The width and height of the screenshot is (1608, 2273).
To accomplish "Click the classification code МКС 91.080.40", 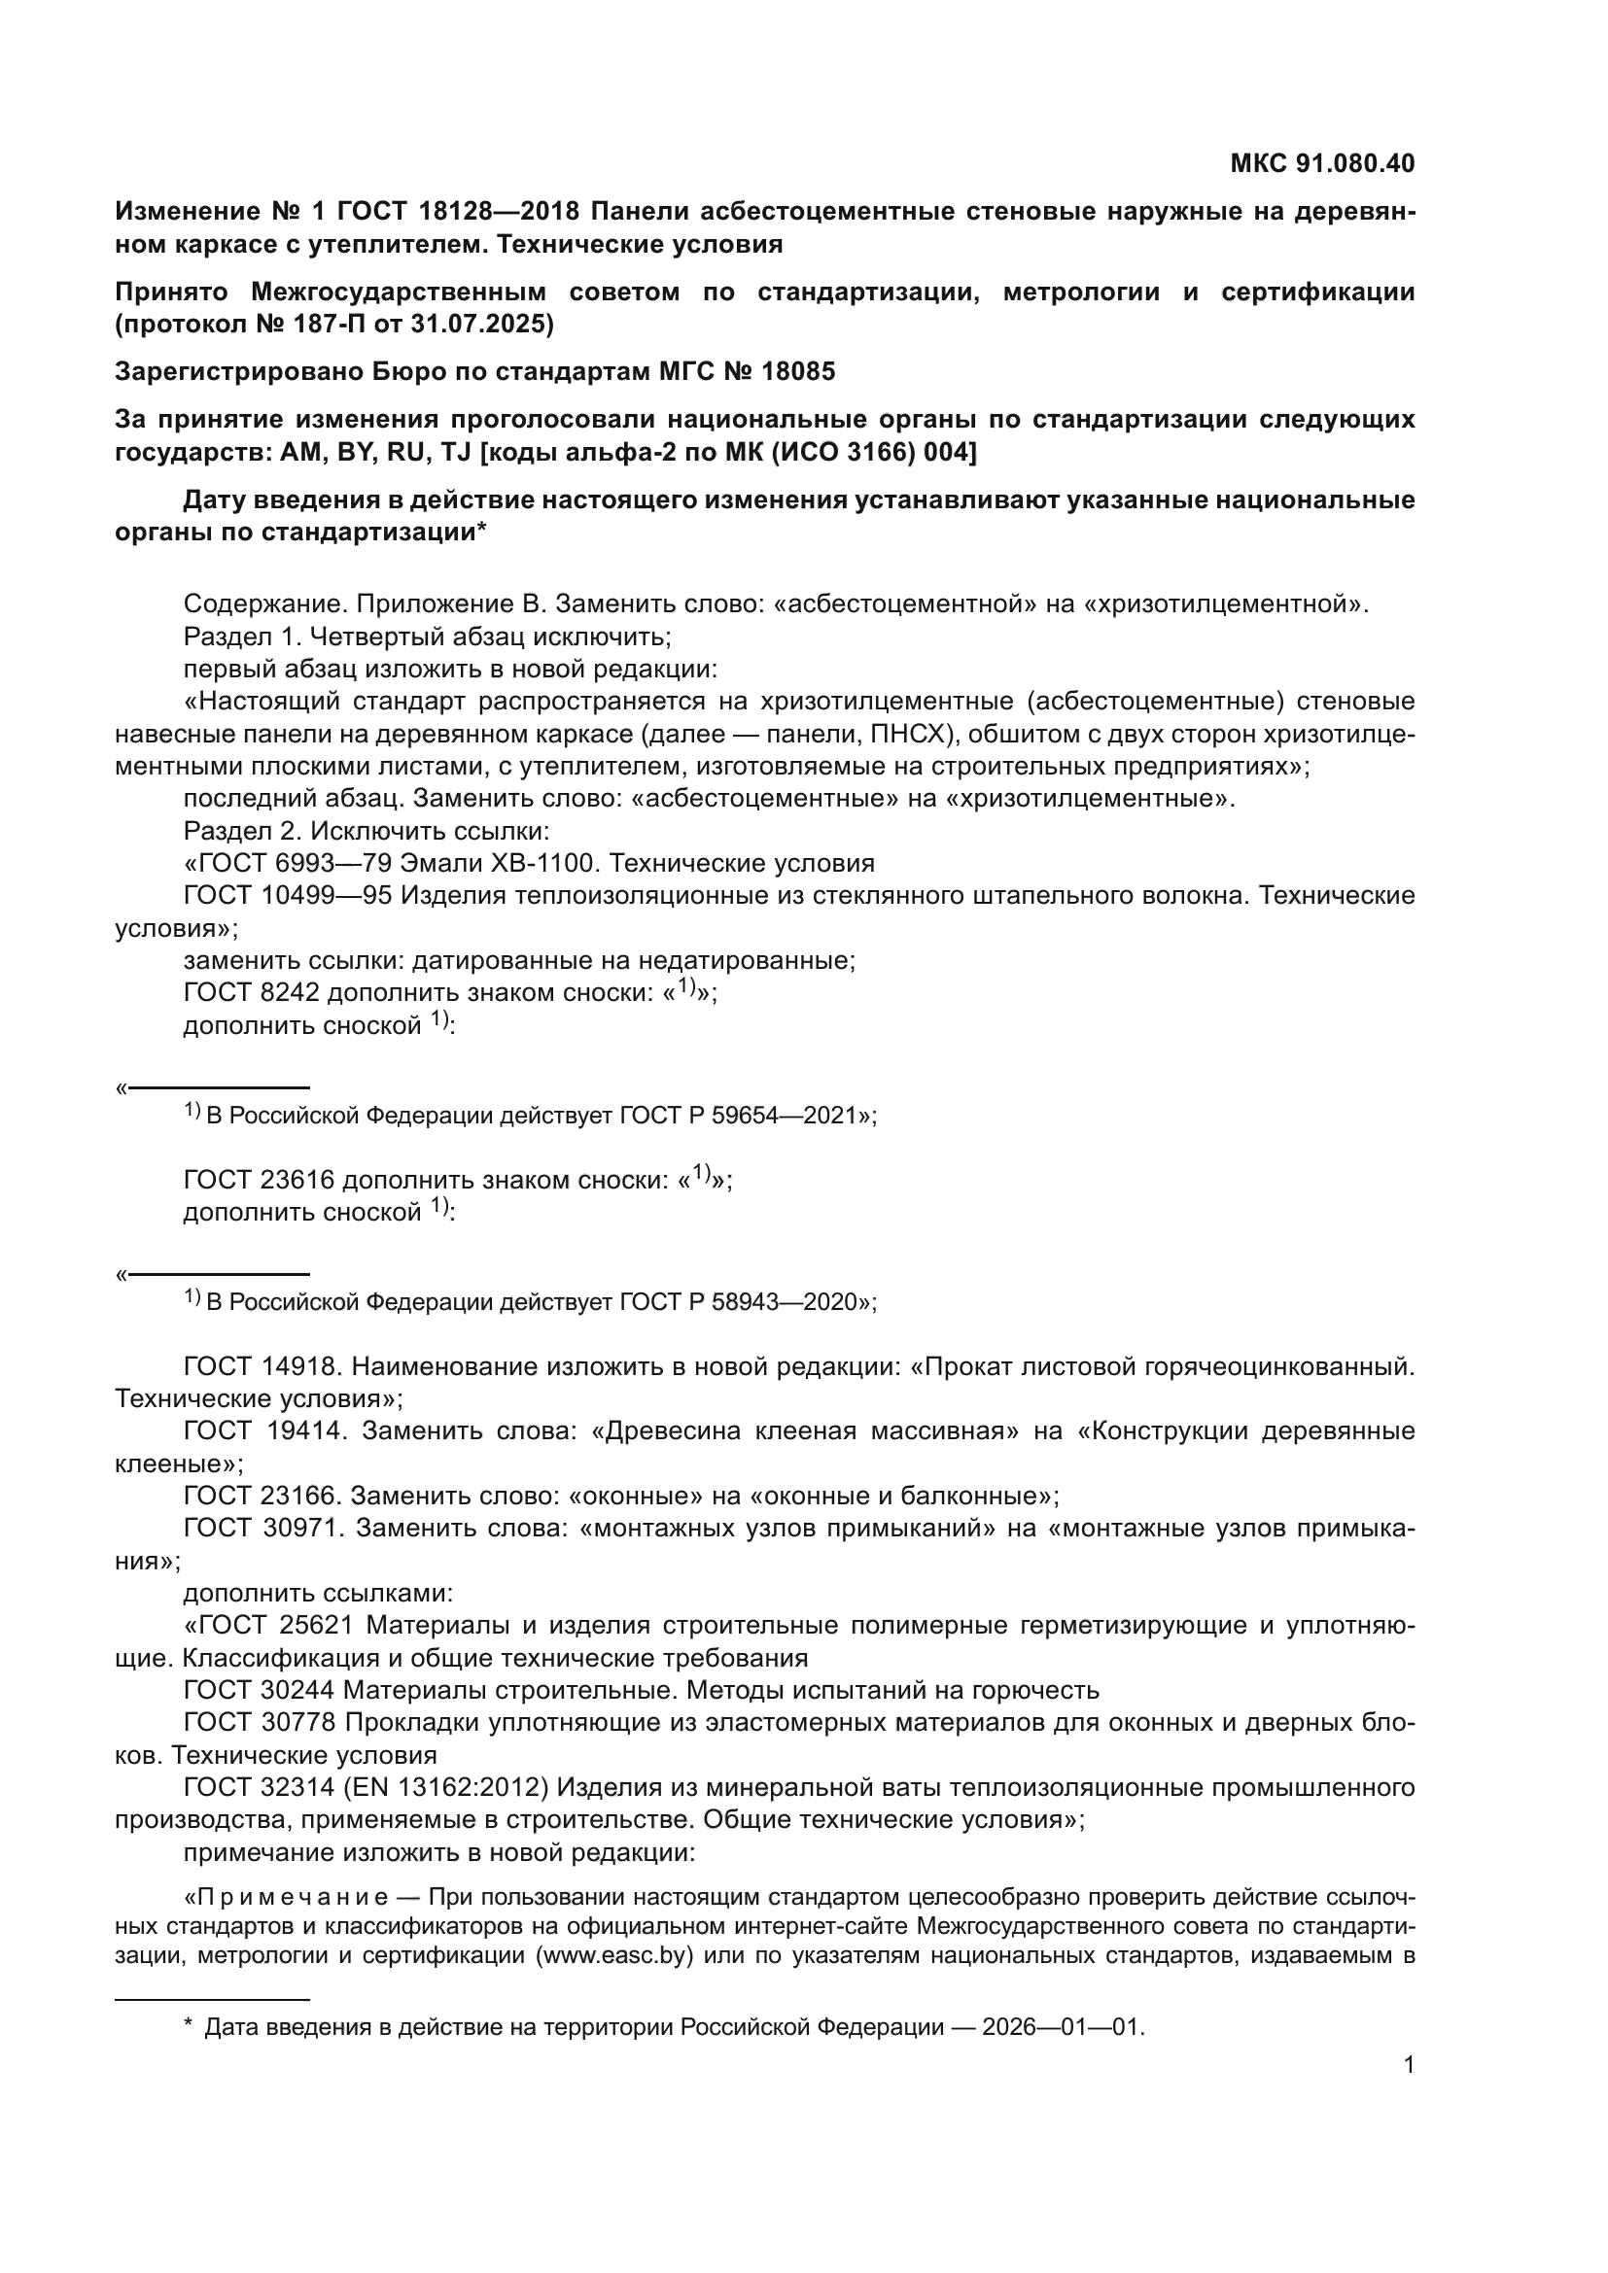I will (x=1322, y=163).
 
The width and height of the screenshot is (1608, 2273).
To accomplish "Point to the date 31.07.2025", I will (x=482, y=324).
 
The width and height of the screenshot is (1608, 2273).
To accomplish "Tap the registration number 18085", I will (x=797, y=371).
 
